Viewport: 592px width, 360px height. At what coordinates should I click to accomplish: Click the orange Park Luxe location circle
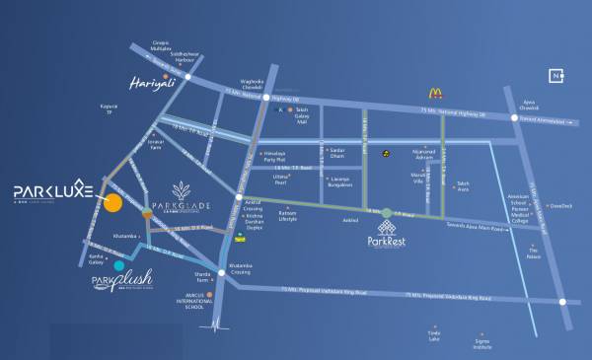click(x=112, y=203)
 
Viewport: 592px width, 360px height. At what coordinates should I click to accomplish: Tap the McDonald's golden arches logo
click(x=433, y=94)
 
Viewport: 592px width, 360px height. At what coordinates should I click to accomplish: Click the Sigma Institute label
click(x=481, y=346)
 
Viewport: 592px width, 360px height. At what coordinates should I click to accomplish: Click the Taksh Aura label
click(x=470, y=186)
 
